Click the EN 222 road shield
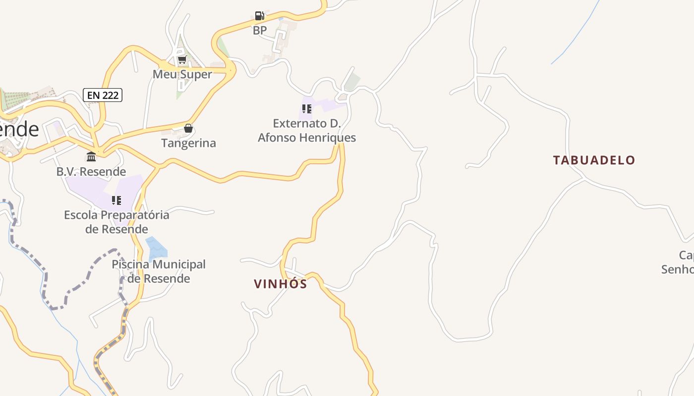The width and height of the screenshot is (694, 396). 103,95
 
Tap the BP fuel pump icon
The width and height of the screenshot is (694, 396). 259,16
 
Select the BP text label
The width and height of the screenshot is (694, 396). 260,30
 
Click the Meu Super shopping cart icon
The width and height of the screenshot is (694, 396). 182,60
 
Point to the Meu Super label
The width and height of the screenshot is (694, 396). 182,74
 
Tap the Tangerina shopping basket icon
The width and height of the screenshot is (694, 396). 188,128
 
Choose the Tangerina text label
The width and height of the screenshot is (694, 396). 188,143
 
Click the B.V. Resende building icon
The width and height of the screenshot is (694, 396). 91,157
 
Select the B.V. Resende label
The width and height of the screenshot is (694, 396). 91,171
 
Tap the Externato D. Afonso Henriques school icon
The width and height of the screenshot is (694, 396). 306,109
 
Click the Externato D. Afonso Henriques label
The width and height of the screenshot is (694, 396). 307,130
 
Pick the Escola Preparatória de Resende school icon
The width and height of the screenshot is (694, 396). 116,200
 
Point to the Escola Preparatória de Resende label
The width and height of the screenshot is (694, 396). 116,222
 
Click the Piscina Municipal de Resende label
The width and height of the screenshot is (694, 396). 159,271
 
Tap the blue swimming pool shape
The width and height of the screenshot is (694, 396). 156,247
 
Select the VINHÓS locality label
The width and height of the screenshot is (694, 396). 281,284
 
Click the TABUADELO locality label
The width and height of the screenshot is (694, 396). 594,160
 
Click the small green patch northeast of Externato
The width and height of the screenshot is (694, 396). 352,82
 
